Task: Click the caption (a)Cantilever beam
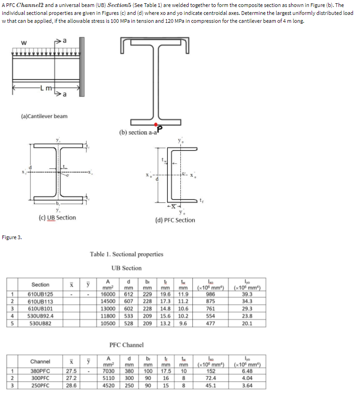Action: coord(44,116)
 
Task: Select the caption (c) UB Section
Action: coord(58,217)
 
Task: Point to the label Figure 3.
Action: coord(12,237)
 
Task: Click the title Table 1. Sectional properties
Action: coord(127,254)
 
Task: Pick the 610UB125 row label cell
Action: coord(40,294)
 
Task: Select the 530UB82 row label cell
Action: coord(40,322)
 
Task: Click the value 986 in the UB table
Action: coord(211,294)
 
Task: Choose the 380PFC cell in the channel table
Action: coord(40,371)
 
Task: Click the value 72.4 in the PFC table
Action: coord(211,378)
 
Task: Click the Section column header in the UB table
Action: coord(40,284)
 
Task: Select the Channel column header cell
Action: coord(40,361)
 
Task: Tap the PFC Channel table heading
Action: coord(126,345)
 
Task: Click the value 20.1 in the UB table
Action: coord(247,322)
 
